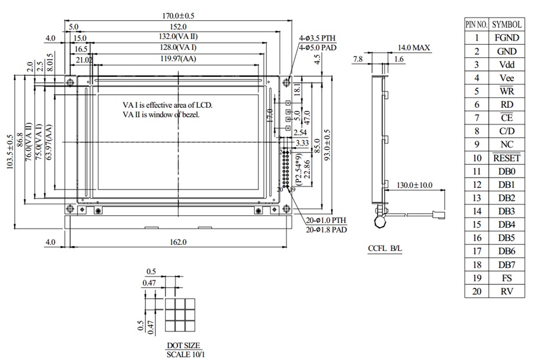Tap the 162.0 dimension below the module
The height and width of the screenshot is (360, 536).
[178, 242]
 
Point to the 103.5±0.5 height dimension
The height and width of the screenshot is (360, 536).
[10, 151]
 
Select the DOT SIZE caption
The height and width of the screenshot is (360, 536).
[183, 346]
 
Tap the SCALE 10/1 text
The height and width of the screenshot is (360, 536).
[183, 354]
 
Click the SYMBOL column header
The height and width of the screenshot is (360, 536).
[507, 24]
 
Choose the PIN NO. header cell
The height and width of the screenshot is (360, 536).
[476, 24]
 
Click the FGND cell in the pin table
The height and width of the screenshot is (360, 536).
[507, 38]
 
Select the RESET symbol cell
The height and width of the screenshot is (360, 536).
[507, 158]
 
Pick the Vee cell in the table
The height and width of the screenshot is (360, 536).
[507, 78]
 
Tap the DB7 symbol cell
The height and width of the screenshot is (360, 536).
[507, 265]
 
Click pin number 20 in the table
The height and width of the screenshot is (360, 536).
[476, 291]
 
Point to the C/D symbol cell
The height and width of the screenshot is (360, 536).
[507, 131]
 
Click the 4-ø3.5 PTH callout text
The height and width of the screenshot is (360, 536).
[319, 38]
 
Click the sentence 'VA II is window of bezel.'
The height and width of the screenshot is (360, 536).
[161, 114]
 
